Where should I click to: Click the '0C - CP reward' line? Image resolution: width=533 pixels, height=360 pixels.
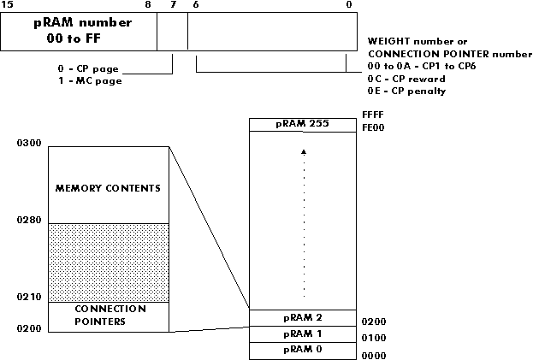click(x=406, y=79)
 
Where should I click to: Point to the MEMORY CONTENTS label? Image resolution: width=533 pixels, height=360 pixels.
click(x=108, y=187)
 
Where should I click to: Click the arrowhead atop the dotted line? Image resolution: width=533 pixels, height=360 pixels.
click(x=303, y=151)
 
